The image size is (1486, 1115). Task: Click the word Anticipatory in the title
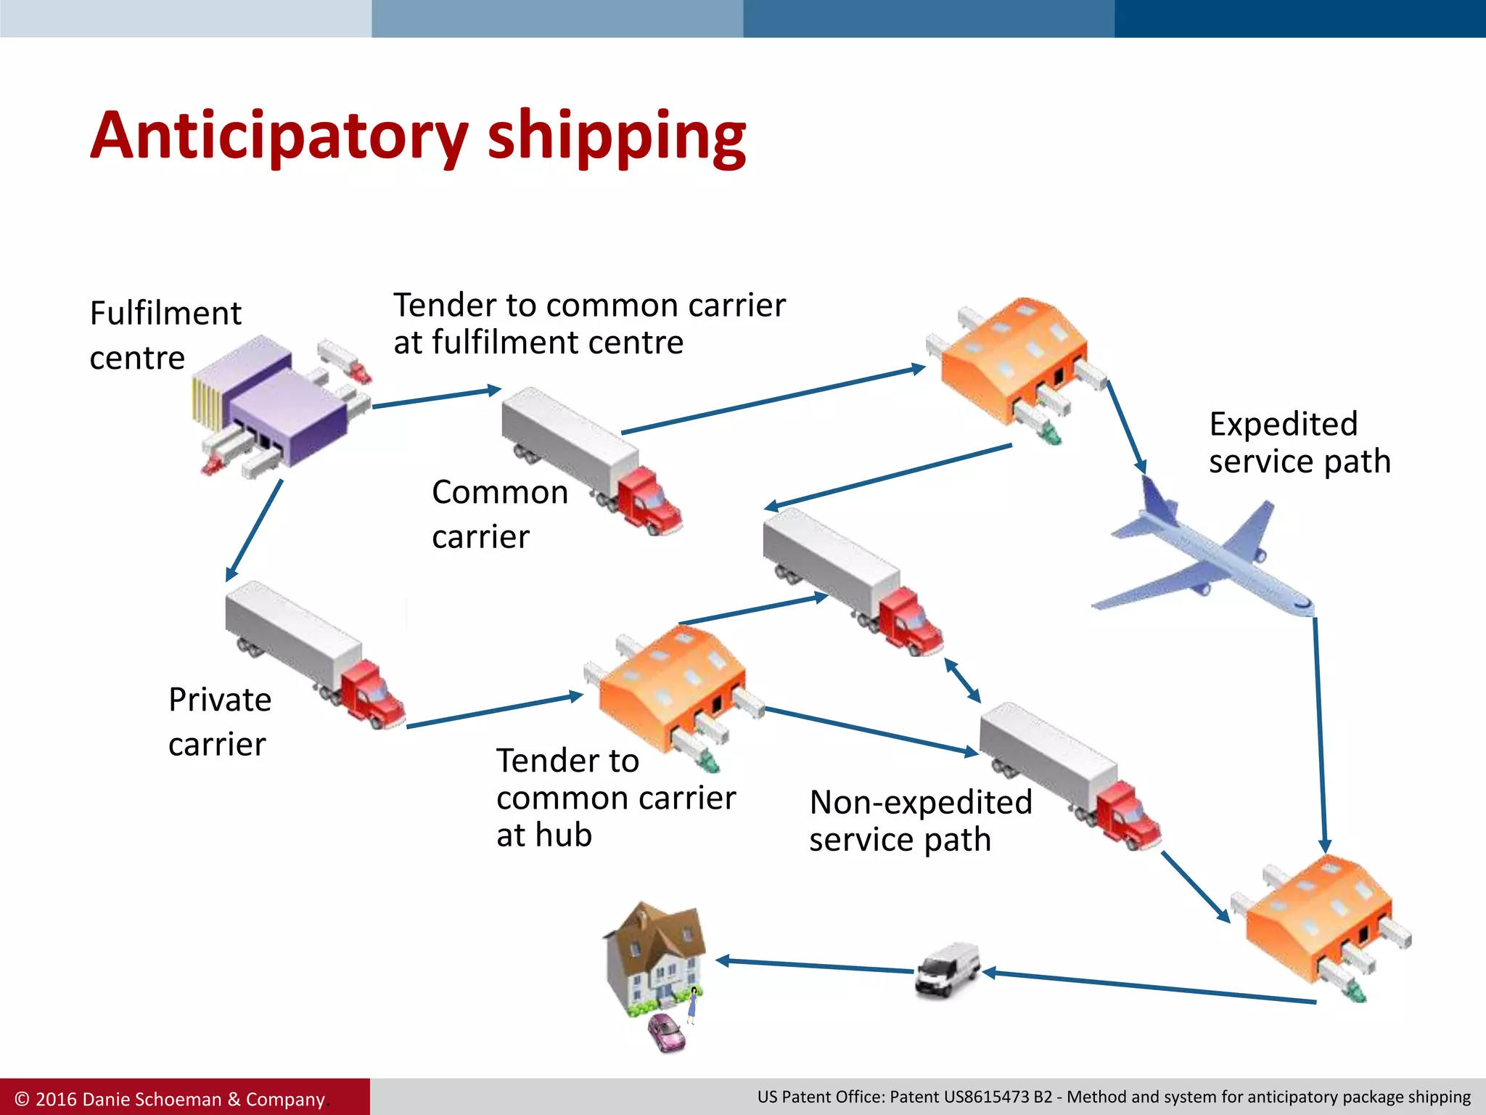coord(279,136)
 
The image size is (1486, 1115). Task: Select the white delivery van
coord(947,970)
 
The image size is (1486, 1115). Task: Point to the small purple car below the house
coord(665,1032)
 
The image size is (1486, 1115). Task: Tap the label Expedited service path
coord(1299,442)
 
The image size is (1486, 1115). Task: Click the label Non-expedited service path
coord(920,821)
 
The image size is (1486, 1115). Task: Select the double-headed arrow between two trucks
coord(962,680)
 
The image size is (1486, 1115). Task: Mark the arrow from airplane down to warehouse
coord(1320,733)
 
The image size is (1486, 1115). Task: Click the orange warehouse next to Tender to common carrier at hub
coord(671,690)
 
